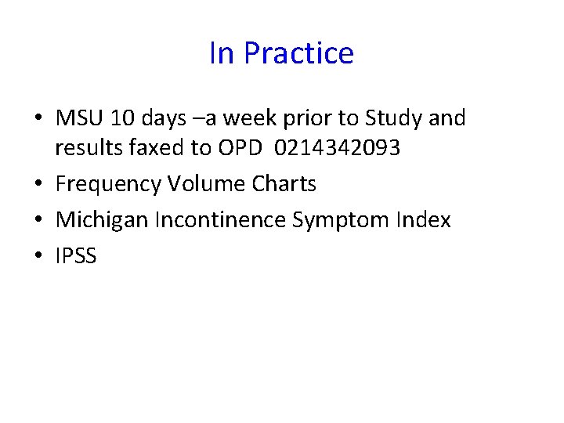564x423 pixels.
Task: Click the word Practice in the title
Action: click(298, 54)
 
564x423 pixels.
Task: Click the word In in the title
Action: click(222, 54)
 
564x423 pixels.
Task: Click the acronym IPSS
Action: click(76, 256)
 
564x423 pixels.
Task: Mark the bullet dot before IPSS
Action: click(38, 257)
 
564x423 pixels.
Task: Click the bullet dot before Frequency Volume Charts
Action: click(38, 185)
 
